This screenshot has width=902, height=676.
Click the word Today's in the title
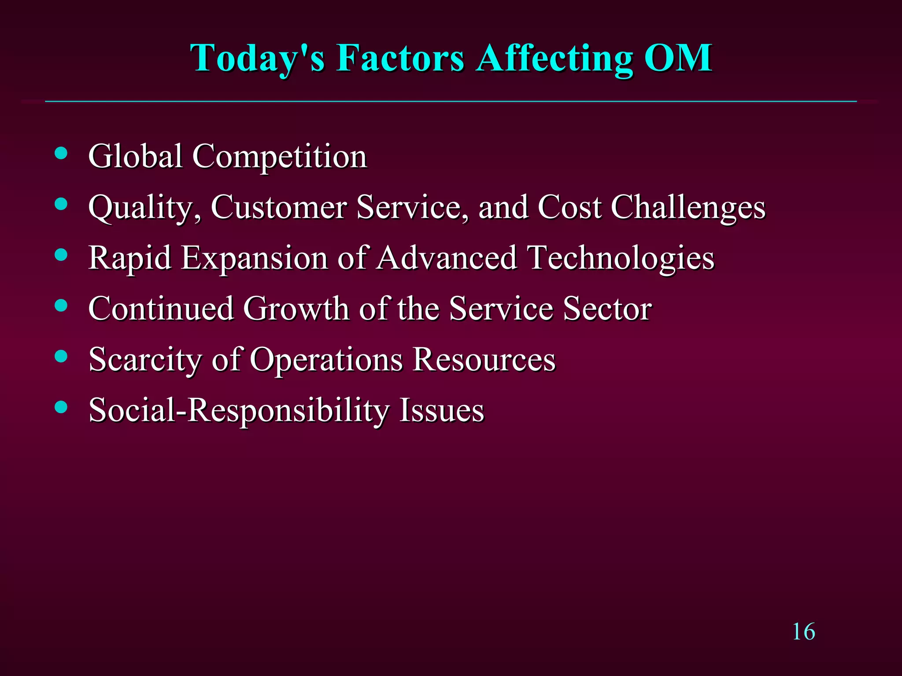click(257, 59)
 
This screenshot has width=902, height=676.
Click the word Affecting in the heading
click(555, 59)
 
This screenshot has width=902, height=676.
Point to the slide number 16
click(803, 632)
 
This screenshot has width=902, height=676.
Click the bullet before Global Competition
click(61, 153)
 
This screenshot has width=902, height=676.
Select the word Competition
click(280, 157)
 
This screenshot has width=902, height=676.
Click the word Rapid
click(129, 258)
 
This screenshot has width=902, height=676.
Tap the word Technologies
click(621, 258)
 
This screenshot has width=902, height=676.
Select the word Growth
click(296, 309)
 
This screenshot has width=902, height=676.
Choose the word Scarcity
click(145, 360)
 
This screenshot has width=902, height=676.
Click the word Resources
click(484, 359)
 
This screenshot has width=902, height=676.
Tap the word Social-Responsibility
click(239, 411)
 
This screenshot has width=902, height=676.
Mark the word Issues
click(441, 410)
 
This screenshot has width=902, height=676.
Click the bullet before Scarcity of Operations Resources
click(61, 356)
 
